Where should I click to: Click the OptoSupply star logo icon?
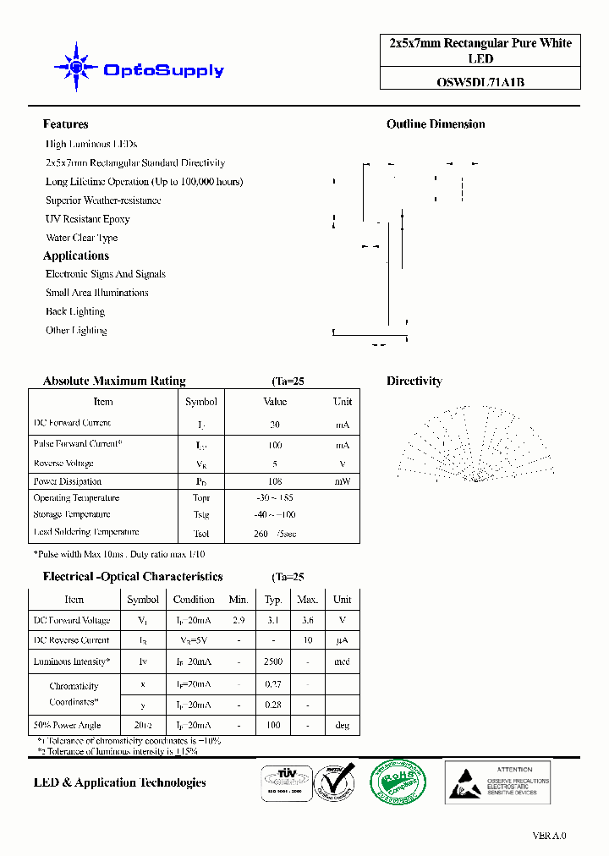click(75, 67)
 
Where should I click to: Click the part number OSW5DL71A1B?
click(480, 82)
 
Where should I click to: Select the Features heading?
click(65, 124)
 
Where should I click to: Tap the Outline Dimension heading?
click(436, 124)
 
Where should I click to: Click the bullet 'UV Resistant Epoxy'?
click(88, 219)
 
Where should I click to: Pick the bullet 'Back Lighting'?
click(75, 311)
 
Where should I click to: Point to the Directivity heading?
click(414, 381)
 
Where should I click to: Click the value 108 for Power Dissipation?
click(275, 481)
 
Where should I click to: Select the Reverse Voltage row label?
click(63, 464)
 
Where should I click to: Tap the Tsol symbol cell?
click(200, 534)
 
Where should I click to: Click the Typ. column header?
click(273, 600)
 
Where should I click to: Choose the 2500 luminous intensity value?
click(273, 661)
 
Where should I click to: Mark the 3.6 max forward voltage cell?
click(307, 620)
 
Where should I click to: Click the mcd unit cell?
click(342, 661)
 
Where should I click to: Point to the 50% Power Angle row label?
click(67, 725)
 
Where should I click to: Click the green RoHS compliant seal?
click(398, 781)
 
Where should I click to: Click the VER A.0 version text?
click(550, 836)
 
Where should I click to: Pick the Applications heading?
click(76, 255)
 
